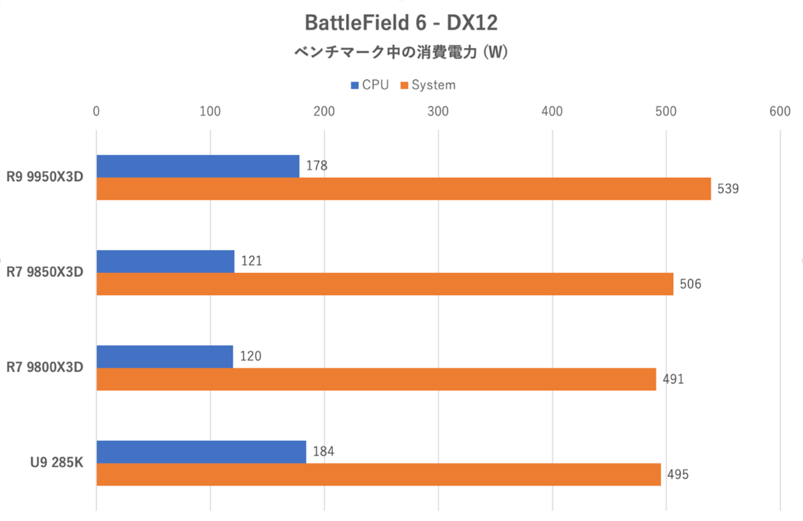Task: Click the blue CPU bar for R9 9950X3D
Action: coord(198,167)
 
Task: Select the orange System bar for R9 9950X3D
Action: coord(404,189)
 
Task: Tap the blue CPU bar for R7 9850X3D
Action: coord(165,262)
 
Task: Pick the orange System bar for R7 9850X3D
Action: coord(385,284)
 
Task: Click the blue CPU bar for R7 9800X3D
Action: coord(165,356)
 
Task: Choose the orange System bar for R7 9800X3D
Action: coord(376,379)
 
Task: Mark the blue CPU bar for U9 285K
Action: coord(201,451)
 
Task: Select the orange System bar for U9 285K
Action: coord(379,474)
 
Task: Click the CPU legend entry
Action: coord(369,85)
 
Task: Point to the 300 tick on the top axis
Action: coord(438,111)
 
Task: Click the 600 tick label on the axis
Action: coord(780,111)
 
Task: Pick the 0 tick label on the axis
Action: coord(97,111)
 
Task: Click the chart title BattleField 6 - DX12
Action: coord(401,23)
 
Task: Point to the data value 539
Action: coord(727,189)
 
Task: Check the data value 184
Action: coord(323,451)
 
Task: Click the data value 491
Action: coord(673,379)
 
